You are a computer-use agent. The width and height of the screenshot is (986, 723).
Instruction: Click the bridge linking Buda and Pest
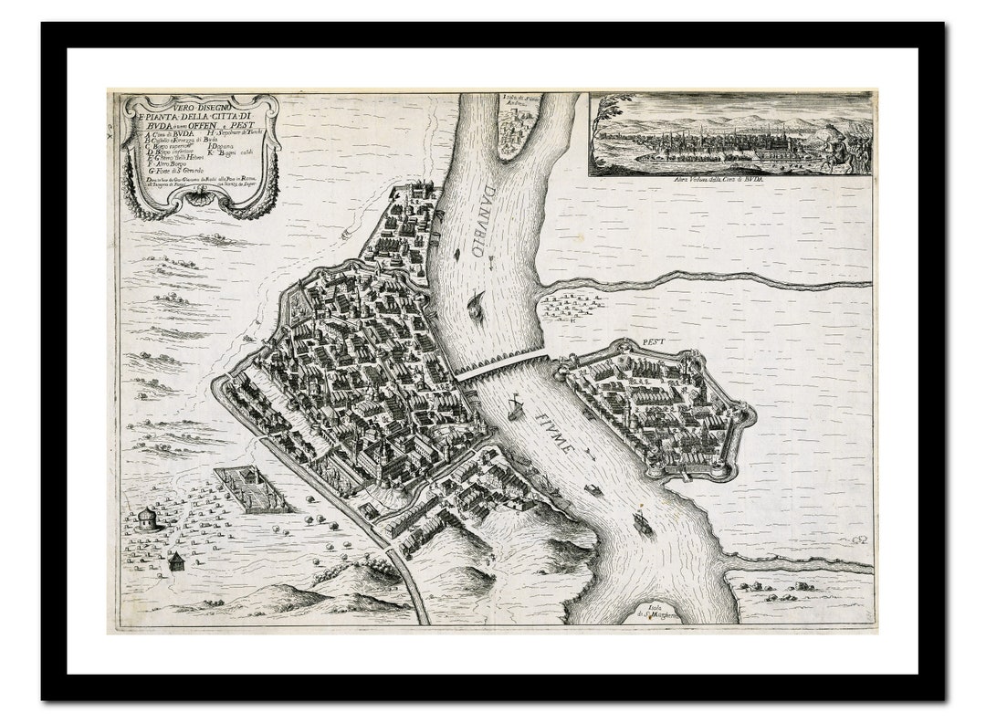(x=501, y=364)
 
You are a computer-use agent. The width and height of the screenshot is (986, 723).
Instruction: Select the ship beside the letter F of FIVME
(x=516, y=407)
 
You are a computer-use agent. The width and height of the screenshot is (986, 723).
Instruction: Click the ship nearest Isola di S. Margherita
(x=643, y=523)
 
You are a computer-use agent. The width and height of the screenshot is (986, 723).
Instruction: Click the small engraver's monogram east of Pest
(x=858, y=540)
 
